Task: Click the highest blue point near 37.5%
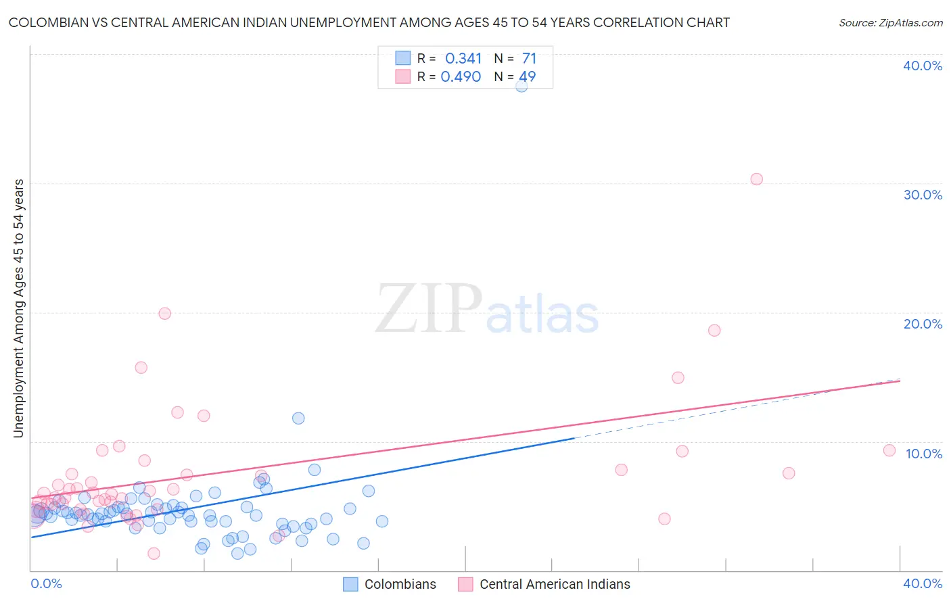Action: [x=521, y=86]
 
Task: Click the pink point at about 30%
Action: [x=756, y=179]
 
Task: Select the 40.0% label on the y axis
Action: [x=923, y=66]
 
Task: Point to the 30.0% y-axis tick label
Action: [x=923, y=195]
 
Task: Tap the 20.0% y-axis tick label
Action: [x=923, y=324]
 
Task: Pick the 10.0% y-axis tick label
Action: [x=924, y=454]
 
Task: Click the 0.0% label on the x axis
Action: [x=47, y=583]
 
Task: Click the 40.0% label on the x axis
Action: [x=923, y=583]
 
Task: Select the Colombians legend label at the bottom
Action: [x=400, y=584]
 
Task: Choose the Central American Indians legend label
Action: [x=555, y=584]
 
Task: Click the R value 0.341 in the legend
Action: [x=463, y=59]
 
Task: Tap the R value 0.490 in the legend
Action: [x=461, y=77]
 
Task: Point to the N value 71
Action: [x=529, y=59]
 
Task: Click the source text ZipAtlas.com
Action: [x=890, y=22]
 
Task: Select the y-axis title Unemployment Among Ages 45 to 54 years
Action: [x=19, y=308]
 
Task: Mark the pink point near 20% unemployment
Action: [x=164, y=313]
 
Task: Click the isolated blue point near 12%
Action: [x=298, y=418]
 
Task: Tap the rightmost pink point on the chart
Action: [x=889, y=450]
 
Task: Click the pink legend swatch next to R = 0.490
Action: [x=402, y=76]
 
